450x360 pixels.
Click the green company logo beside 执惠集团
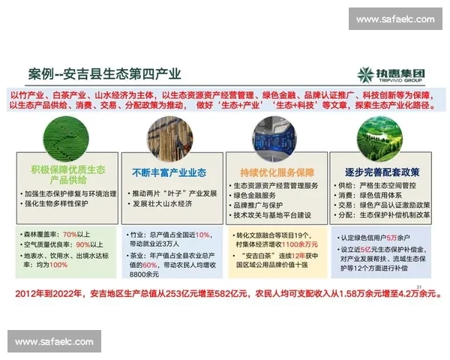tap(366, 74)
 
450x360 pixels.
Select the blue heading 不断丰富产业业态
tap(169, 172)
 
